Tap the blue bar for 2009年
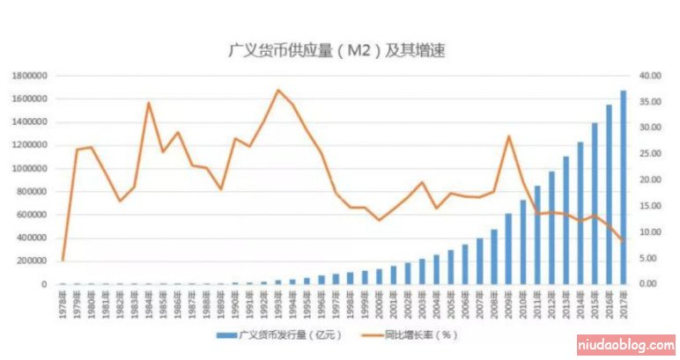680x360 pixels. click(x=508, y=249)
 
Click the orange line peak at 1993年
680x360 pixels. click(x=278, y=90)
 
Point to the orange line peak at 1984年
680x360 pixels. click(x=148, y=103)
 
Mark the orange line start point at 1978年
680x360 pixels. click(x=63, y=260)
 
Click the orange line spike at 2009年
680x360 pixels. click(x=508, y=136)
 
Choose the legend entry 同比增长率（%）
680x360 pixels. click(x=419, y=335)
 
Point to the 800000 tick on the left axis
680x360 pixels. click(x=33, y=192)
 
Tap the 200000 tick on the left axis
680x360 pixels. click(x=33, y=261)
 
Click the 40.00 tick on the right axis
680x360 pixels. click(x=649, y=77)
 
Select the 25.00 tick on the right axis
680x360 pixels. click(x=649, y=154)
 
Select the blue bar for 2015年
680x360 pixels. click(x=595, y=203)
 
